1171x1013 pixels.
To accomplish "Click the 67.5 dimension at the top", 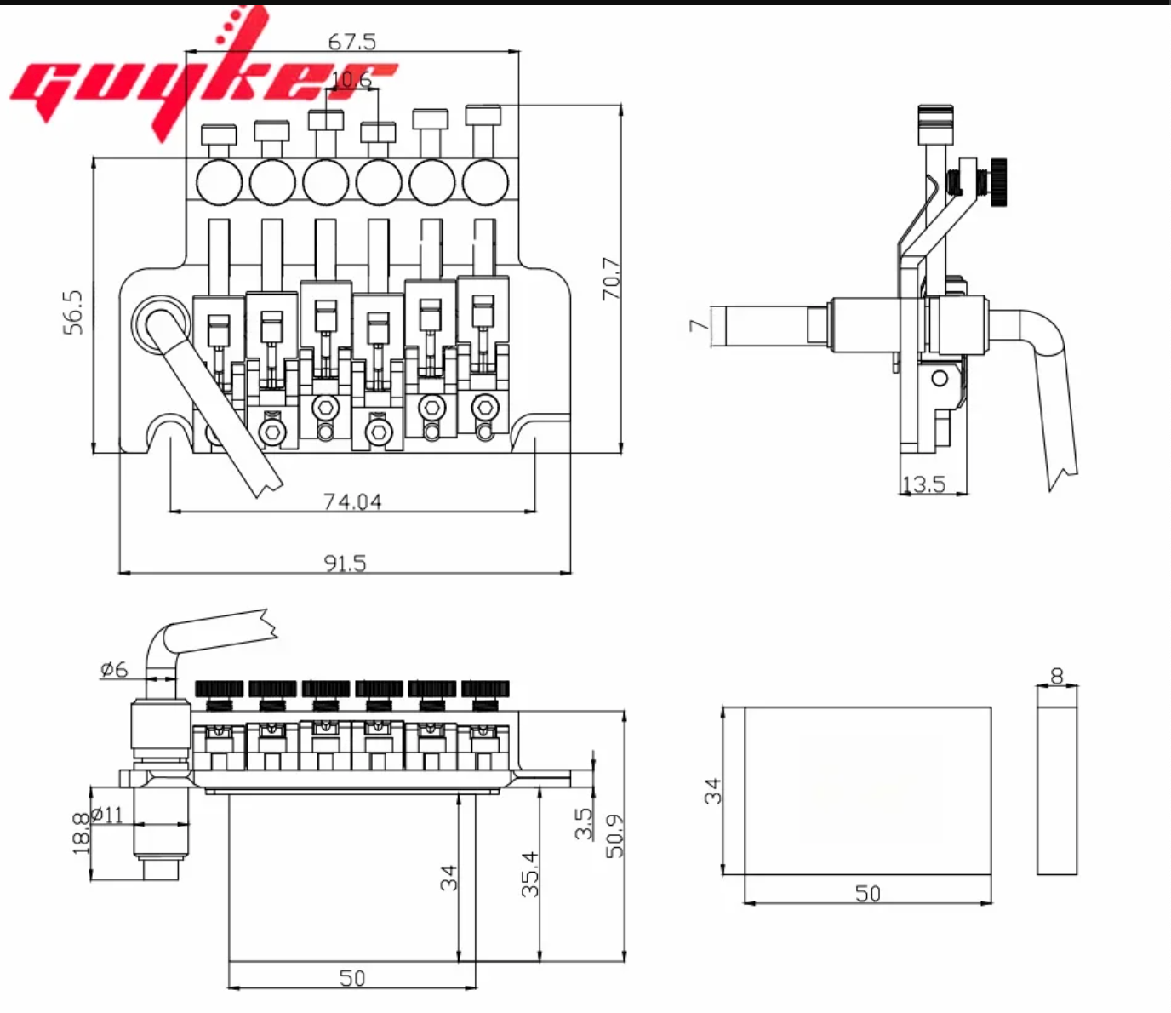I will pos(351,41).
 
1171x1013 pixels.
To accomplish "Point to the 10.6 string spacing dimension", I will pos(351,80).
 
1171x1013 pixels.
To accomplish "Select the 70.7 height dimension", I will pos(612,278).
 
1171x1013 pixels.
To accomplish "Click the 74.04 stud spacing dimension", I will pos(352,501).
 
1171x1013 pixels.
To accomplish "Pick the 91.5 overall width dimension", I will pos(345,563).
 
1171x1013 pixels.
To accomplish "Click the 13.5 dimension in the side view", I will pos(923,484).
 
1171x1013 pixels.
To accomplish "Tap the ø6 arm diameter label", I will pos(114,669).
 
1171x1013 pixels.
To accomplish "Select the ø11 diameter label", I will pos(108,815).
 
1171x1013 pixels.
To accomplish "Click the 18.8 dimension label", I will pos(81,832).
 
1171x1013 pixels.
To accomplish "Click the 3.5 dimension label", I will pos(584,823).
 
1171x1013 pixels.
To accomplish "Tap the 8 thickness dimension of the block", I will pos(1057,676).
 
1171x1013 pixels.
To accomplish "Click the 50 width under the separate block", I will pos(867,893).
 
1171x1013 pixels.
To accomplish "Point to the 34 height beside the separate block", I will pos(714,791).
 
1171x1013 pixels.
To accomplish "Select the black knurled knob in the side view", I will pos(997,182).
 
